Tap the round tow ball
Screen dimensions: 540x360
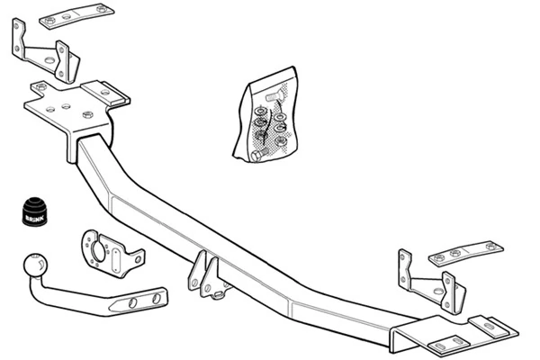click(35, 266)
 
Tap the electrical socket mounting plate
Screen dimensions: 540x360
click(112, 255)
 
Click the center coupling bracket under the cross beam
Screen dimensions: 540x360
click(206, 274)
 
